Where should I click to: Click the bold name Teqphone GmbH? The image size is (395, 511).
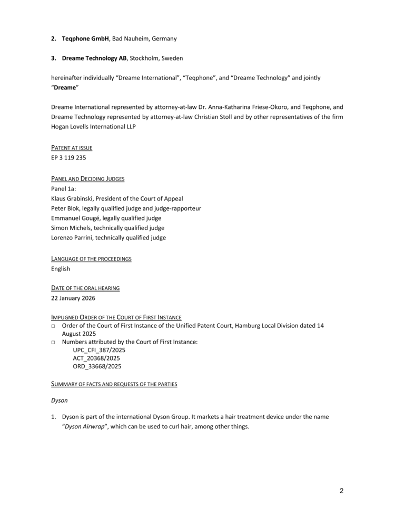85,38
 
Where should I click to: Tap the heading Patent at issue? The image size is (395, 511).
72,147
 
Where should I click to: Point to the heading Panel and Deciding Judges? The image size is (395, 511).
87,179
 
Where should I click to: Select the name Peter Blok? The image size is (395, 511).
66,208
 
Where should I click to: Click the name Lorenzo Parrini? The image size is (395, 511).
72,237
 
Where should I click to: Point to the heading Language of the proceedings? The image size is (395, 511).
91,259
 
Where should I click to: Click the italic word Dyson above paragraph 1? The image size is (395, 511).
59,400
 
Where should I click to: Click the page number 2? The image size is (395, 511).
341,491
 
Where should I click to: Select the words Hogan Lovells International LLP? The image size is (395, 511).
93,126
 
